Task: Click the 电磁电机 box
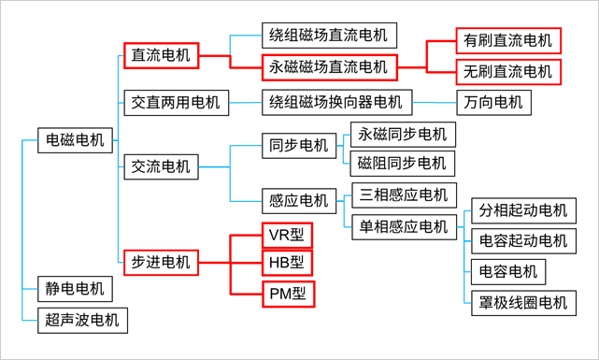click(x=78, y=139)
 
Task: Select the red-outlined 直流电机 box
click(x=161, y=55)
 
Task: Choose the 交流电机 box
click(x=161, y=167)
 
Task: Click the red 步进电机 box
click(x=161, y=262)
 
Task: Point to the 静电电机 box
click(x=74, y=287)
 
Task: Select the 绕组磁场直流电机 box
click(x=327, y=36)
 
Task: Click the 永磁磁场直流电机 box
click(x=328, y=67)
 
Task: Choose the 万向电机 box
click(x=493, y=101)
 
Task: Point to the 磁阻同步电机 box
click(x=402, y=164)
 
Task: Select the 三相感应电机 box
click(x=403, y=194)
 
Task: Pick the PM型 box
click(x=287, y=294)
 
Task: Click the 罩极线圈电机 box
click(x=522, y=302)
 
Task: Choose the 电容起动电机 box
click(x=522, y=240)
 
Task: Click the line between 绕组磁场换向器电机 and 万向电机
click(x=434, y=101)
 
